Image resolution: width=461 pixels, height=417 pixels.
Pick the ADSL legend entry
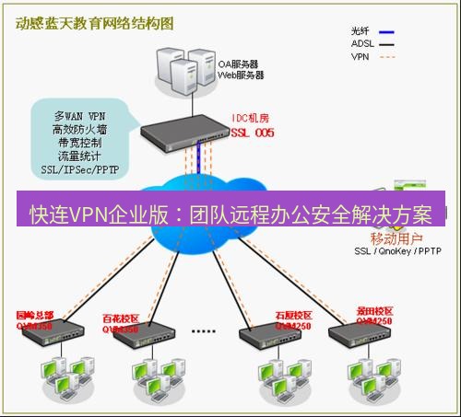click(x=364, y=42)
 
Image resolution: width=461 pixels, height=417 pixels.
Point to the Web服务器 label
click(x=241, y=75)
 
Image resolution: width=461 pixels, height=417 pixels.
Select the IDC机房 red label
click(x=251, y=120)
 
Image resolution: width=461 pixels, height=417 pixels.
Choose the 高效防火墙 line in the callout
click(x=79, y=131)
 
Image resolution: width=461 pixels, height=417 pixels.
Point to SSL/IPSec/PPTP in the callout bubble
click(x=80, y=170)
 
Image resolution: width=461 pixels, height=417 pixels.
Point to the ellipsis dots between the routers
click(x=203, y=329)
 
